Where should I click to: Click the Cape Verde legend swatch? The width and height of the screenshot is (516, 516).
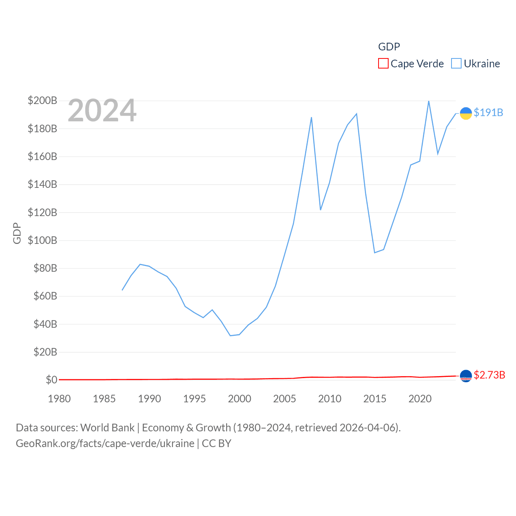click(x=383, y=64)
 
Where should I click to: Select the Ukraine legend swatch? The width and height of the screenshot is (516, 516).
click(x=456, y=64)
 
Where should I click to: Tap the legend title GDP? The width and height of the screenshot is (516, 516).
click(x=389, y=47)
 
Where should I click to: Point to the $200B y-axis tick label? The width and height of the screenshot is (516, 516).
click(x=42, y=100)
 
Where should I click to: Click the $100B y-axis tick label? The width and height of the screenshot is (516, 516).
click(x=42, y=240)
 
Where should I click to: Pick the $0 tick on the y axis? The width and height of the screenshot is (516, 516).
click(x=51, y=380)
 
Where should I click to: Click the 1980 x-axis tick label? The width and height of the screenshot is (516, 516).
click(x=59, y=399)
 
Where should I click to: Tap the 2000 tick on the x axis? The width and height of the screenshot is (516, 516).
click(x=239, y=399)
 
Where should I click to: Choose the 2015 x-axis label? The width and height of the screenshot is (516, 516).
click(x=375, y=399)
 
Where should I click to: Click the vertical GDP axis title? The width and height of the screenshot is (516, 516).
click(x=17, y=233)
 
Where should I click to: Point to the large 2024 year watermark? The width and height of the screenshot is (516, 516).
click(x=102, y=110)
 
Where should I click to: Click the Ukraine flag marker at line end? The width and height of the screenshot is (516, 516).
click(x=466, y=114)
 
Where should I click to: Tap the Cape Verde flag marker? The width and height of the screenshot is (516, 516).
click(x=466, y=376)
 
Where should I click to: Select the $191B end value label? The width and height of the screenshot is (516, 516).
click(x=489, y=112)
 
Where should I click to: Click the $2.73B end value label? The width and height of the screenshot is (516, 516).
click(x=489, y=375)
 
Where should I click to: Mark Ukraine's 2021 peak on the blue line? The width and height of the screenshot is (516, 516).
click(x=429, y=101)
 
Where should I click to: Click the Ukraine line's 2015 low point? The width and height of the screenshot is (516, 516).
click(x=375, y=252)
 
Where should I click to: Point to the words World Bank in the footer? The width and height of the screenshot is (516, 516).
click(x=107, y=427)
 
